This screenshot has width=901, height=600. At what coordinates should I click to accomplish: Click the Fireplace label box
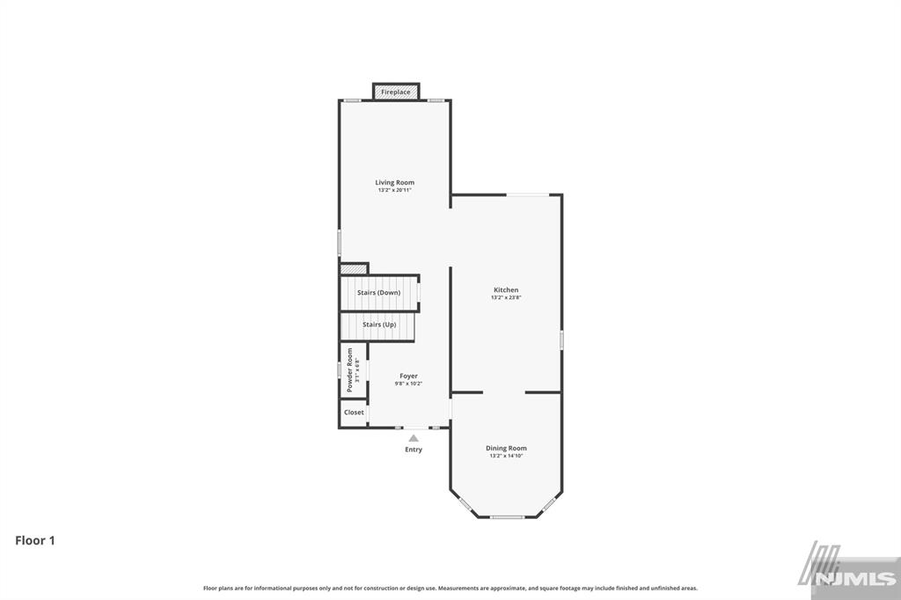click(396, 92)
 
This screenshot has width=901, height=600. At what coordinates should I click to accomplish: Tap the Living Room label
click(394, 182)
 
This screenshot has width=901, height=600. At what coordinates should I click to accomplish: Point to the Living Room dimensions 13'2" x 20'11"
click(394, 190)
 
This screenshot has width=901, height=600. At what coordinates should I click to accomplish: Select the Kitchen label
click(506, 289)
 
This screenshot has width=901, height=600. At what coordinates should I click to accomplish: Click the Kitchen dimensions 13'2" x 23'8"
click(506, 297)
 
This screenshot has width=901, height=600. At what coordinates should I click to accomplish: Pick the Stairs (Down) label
click(378, 293)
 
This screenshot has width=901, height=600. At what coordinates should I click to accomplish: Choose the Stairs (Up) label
click(379, 325)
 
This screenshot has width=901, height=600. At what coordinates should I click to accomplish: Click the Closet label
click(354, 412)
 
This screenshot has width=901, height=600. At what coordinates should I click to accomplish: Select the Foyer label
click(409, 376)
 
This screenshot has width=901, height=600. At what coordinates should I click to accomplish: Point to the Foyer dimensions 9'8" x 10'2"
click(409, 384)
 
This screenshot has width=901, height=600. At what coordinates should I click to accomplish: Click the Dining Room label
click(507, 448)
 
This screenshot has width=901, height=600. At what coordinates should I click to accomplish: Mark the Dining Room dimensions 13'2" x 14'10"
click(507, 456)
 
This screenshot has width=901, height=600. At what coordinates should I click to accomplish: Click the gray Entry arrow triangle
click(414, 437)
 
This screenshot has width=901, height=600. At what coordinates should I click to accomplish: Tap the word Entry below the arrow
click(414, 450)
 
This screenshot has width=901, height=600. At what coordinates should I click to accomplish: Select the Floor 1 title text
click(35, 541)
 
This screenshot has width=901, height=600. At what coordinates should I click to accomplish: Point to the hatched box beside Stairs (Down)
click(354, 267)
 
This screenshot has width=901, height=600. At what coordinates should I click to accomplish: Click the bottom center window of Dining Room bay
click(507, 516)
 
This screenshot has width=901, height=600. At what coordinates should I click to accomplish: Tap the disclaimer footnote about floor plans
click(450, 588)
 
